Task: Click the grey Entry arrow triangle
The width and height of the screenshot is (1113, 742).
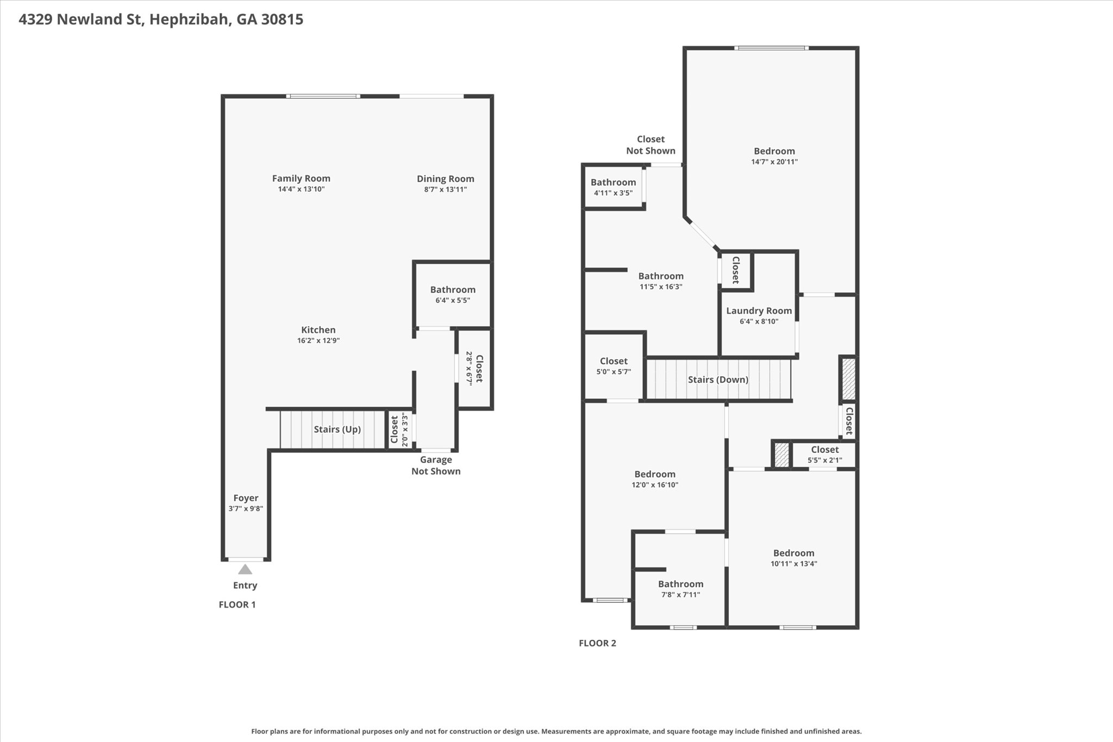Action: pyautogui.click(x=245, y=569)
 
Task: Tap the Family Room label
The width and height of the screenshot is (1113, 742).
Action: pyautogui.click(x=301, y=178)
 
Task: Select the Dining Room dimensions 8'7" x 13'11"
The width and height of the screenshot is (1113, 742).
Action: pyautogui.click(x=446, y=190)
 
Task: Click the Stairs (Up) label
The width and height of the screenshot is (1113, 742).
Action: pyautogui.click(x=337, y=429)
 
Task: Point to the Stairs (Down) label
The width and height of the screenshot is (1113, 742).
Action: pyautogui.click(x=718, y=379)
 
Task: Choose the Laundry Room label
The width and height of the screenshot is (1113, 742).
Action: pyautogui.click(x=759, y=311)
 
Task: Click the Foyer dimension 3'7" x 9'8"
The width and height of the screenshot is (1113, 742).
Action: pyautogui.click(x=246, y=509)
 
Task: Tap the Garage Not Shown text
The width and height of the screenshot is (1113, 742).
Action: pyautogui.click(x=436, y=465)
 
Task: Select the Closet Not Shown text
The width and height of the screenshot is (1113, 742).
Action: pyautogui.click(x=651, y=145)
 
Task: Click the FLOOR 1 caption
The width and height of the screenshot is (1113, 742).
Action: pyautogui.click(x=237, y=604)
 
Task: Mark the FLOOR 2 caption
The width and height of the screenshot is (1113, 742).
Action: pyautogui.click(x=597, y=644)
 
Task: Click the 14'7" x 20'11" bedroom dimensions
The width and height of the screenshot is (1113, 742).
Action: pyautogui.click(x=774, y=162)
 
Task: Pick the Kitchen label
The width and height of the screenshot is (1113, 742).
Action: pyautogui.click(x=318, y=330)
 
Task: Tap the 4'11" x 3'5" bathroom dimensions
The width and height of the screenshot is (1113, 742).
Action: pyautogui.click(x=613, y=193)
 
